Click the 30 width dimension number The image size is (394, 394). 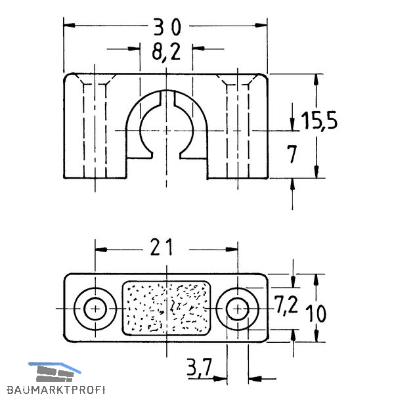167,27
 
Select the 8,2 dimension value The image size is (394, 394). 166,53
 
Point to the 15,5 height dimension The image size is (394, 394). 319,120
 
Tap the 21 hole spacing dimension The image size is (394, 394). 162,248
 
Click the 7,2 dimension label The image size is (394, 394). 286,305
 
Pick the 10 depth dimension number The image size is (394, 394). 316,313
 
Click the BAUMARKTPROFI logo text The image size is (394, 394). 56,389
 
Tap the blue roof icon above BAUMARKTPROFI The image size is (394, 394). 55,367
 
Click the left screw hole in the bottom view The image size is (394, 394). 95,309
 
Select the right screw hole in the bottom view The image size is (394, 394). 238,309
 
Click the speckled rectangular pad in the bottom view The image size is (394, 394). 166,308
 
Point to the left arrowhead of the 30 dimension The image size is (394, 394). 69,26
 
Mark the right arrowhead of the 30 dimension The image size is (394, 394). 261,26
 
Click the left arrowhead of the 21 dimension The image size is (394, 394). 101,250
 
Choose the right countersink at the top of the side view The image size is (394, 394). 238,79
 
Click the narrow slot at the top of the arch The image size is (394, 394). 167,98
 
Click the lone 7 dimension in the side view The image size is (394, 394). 292,154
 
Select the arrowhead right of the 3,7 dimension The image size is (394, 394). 254,378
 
